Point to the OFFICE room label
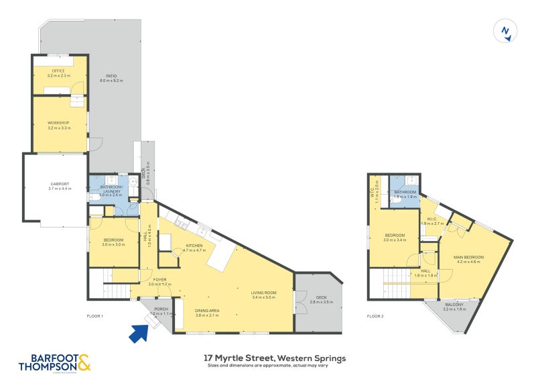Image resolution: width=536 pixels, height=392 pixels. point(59,71)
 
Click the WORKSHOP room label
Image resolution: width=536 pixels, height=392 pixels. point(59,123)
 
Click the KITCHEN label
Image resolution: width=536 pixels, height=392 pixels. point(195,246)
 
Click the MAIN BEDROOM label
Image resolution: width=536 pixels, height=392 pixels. point(468,257)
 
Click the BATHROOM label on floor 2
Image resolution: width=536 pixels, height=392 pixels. point(405,192)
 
